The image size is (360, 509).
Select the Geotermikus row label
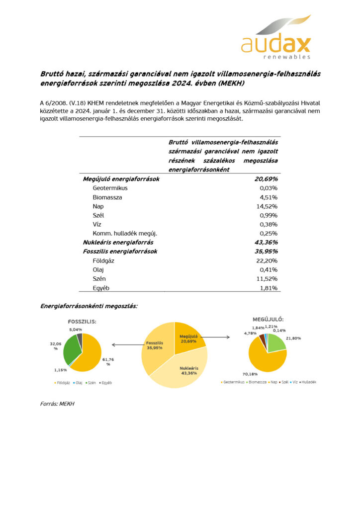tap(110, 188)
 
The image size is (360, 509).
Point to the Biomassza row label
tap(107, 197)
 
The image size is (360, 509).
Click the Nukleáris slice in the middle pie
tap(186, 370)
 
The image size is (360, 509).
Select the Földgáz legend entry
tap(62, 382)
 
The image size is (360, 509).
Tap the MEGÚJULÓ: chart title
tap(268, 319)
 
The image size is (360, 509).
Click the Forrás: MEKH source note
tap(57, 404)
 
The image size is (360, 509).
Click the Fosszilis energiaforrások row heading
tap(120, 252)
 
